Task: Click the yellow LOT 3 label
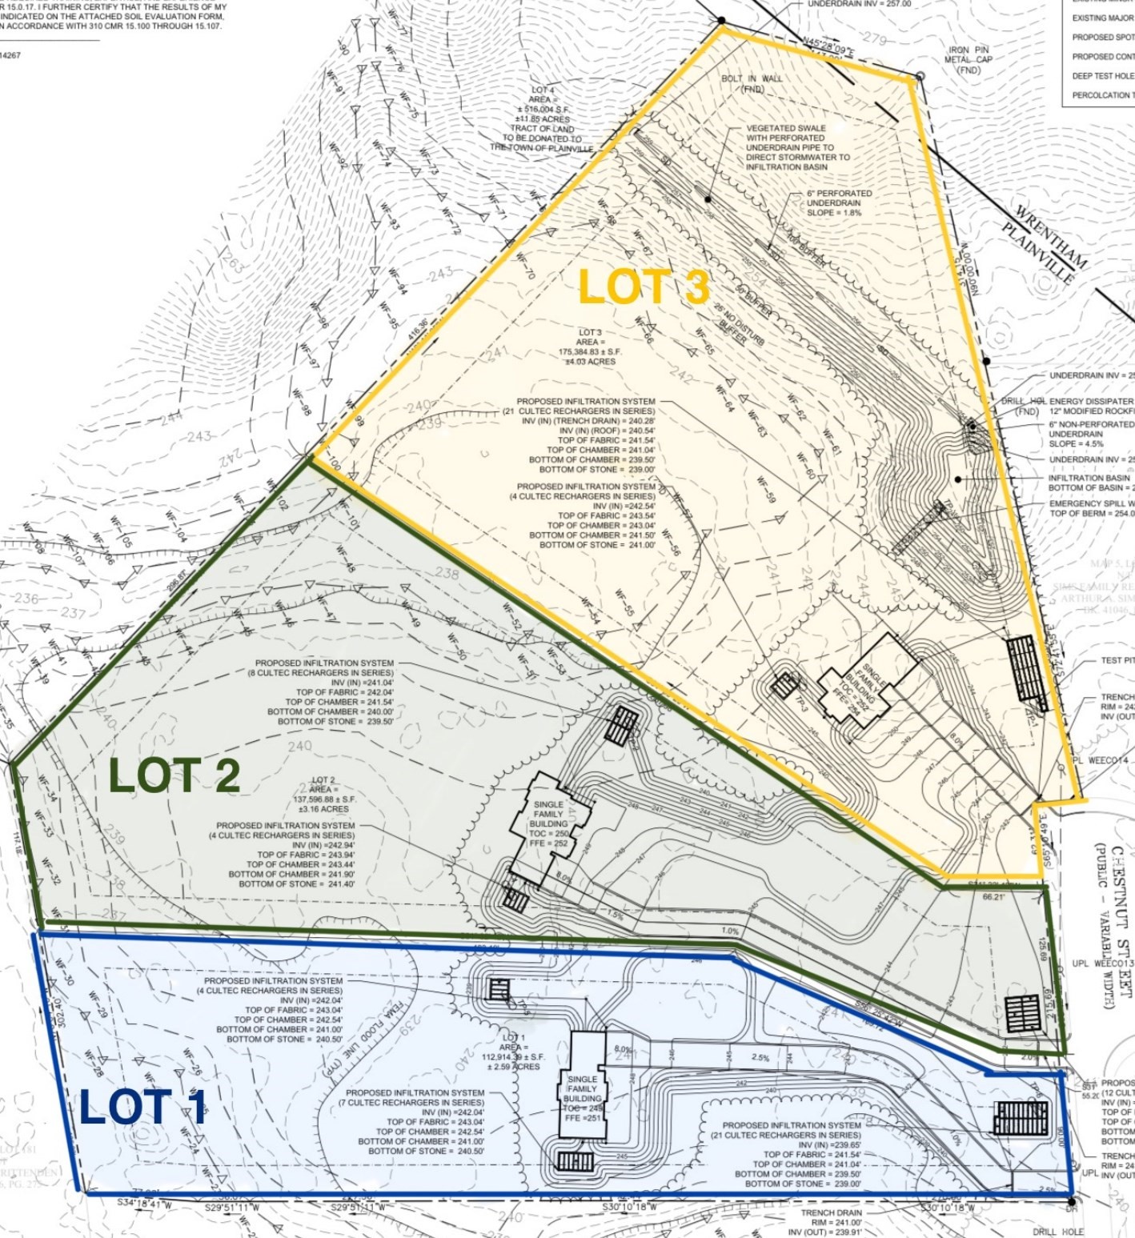click(644, 287)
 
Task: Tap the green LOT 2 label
click(174, 775)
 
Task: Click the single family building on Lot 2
click(550, 824)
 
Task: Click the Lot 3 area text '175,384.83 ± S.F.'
click(590, 351)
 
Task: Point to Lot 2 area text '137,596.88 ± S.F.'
click(323, 799)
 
